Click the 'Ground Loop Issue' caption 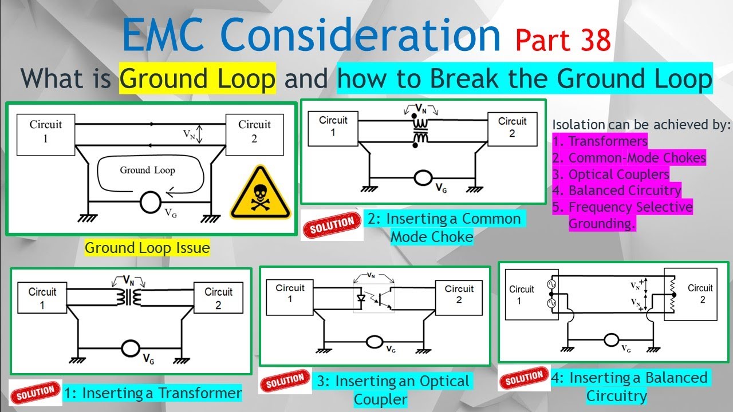click(147, 248)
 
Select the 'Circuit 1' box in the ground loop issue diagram click(46, 131)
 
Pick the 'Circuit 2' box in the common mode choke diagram click(511, 127)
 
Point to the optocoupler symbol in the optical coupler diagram click(373, 299)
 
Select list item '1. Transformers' click(600, 141)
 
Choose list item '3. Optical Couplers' click(611, 175)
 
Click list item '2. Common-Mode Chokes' click(629, 158)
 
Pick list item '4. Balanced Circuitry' click(617, 191)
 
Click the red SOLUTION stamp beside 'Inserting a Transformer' click(36, 393)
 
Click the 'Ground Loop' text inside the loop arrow click(147, 170)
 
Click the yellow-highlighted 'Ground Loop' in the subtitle click(198, 80)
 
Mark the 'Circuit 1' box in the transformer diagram click(42, 298)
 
